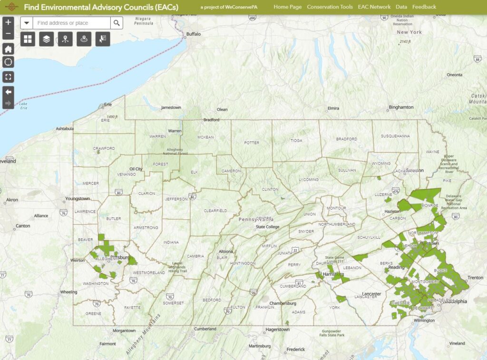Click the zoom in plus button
[x=8, y=22]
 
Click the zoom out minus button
[x=8, y=34]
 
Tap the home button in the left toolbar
[x=8, y=49]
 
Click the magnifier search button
[x=117, y=23]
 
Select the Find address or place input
[x=71, y=23]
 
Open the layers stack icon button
[x=46, y=39]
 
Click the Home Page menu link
[x=287, y=7]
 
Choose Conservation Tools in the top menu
[x=330, y=7]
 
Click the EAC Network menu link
[x=374, y=7]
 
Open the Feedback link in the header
[x=424, y=7]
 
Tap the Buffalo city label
[x=194, y=34]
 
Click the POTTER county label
[x=252, y=143]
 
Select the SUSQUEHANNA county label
[x=395, y=136]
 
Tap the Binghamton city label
[x=401, y=107]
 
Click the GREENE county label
[x=93, y=314]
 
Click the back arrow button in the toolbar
[x=8, y=91]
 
